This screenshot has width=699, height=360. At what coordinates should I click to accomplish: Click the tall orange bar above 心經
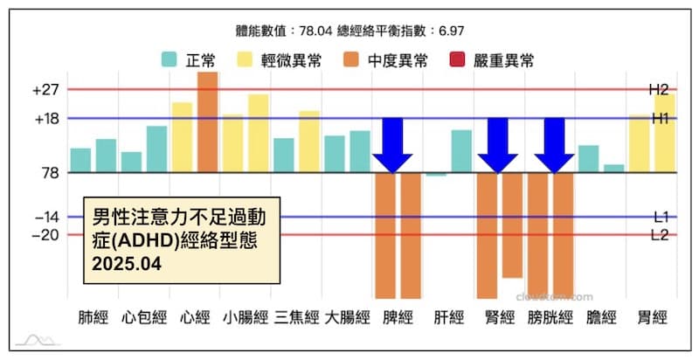pos(207,122)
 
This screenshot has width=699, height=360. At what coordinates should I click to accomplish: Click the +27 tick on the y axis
pos(45,90)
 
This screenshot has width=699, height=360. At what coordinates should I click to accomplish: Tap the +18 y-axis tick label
pos(45,119)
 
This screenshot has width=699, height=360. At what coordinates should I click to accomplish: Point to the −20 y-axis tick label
pos(45,234)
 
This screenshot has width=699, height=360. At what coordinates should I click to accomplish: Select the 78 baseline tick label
pos(49,173)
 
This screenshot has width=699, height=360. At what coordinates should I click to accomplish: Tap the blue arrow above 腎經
pos(498,145)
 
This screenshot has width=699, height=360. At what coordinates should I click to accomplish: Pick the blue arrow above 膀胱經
pos(554,145)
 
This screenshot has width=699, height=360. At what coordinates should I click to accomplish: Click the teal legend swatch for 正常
pos(170,60)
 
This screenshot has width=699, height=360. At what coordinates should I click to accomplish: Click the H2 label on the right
pos(658,89)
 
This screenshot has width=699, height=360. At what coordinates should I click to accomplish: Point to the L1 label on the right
pos(661,216)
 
